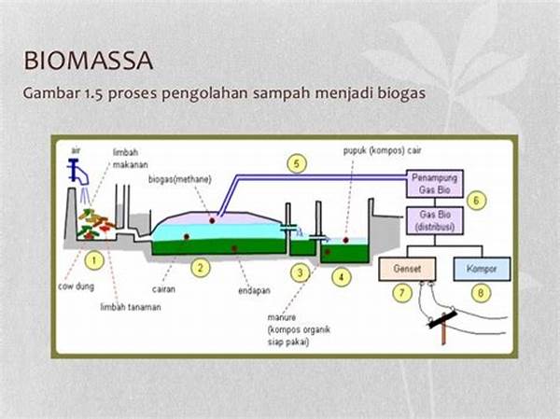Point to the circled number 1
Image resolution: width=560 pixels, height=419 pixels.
click(x=94, y=257)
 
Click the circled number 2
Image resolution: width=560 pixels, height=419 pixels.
click(x=199, y=267)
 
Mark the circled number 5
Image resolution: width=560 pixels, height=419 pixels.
click(x=296, y=165)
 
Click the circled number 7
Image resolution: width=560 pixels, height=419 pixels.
click(x=402, y=294)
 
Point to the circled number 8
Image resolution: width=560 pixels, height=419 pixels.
click(x=481, y=294)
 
